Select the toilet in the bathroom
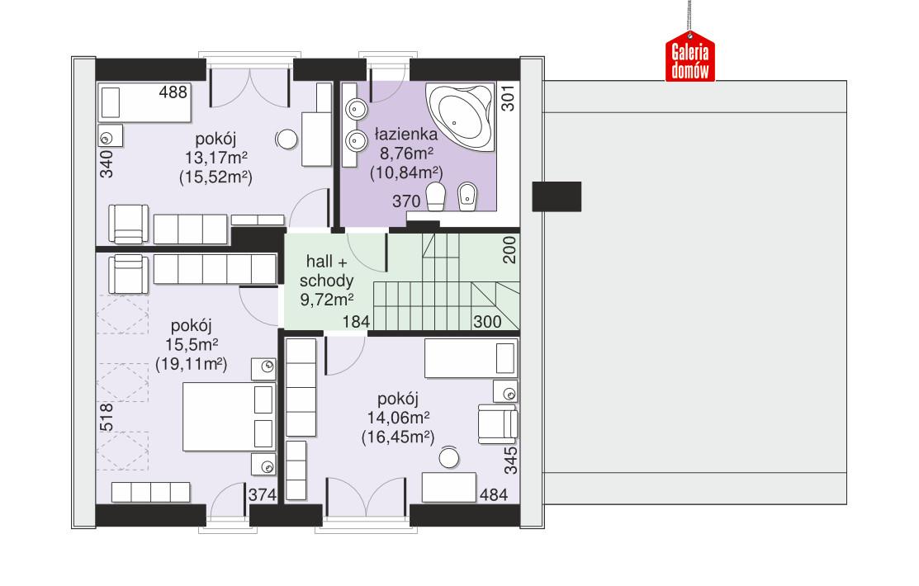(x=436, y=198)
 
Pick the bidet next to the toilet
(x=467, y=197)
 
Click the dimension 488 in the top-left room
(x=173, y=92)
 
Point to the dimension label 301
(x=508, y=99)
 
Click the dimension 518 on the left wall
(x=106, y=418)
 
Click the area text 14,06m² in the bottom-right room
(x=398, y=418)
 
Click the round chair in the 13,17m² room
(x=287, y=139)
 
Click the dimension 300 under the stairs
(x=487, y=322)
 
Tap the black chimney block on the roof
(x=557, y=196)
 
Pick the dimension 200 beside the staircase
(x=509, y=250)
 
